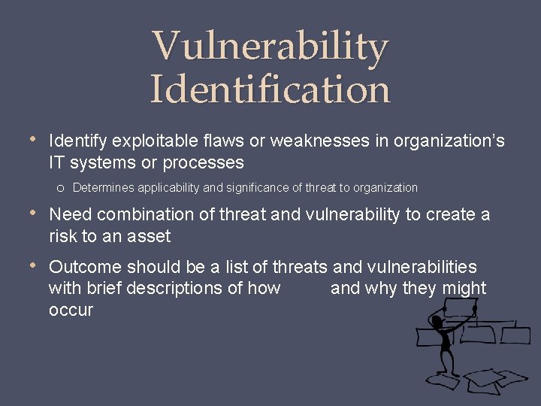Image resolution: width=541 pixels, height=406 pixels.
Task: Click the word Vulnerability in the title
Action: (270, 47)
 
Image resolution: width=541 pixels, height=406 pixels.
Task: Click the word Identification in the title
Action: (270, 89)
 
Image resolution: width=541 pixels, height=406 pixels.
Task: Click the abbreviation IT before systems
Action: (57, 162)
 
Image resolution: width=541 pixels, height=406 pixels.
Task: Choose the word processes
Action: (203, 162)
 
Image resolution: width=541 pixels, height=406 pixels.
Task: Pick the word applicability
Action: (170, 187)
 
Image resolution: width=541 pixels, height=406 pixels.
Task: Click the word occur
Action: (71, 310)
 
